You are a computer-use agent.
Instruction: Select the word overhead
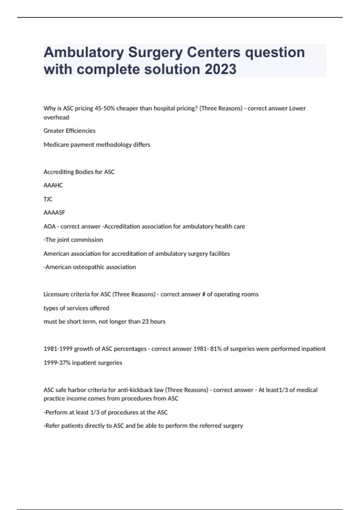(x=56, y=117)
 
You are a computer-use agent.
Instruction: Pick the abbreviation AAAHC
(x=53, y=185)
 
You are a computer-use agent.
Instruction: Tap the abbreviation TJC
(x=48, y=199)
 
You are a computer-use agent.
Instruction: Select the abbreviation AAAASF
(x=54, y=212)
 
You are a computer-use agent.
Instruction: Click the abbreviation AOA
(x=49, y=226)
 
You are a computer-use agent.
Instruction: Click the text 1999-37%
(x=57, y=363)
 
